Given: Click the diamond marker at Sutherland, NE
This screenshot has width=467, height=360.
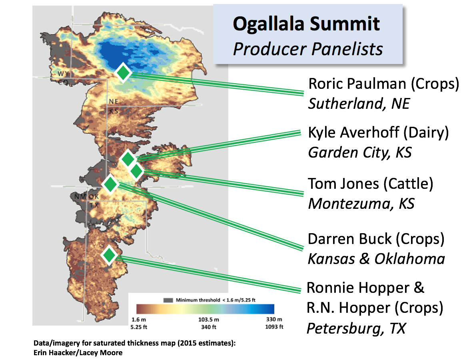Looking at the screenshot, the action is (x=123, y=73).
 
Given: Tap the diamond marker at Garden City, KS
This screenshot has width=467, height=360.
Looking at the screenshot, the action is (x=128, y=159).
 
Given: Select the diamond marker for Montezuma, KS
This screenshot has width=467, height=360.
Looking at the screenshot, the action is (x=136, y=171).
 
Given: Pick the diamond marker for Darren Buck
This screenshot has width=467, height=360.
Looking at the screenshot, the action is (x=110, y=184).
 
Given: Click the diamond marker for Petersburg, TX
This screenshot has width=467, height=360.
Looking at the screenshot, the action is (x=109, y=255).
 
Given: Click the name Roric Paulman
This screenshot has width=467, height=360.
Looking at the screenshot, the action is (x=357, y=84).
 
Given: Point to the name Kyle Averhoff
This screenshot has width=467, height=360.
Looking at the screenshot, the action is (x=353, y=133).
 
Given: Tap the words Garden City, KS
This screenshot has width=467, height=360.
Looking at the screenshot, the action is (x=360, y=152).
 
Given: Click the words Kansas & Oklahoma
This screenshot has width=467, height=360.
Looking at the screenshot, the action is (x=376, y=259).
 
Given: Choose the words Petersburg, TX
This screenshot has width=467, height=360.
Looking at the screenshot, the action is (x=356, y=328).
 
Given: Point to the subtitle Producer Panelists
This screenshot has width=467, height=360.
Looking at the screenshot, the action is (x=308, y=49).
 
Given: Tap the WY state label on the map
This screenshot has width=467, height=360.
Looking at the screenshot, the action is (x=63, y=74).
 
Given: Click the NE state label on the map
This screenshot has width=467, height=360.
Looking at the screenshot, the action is (x=114, y=102).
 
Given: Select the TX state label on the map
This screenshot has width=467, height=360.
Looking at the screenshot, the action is (x=94, y=205).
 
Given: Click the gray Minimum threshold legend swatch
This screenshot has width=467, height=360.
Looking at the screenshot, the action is (x=168, y=300).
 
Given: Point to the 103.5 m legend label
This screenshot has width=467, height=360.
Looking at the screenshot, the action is (x=208, y=320).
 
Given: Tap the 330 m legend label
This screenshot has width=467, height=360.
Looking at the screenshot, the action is (x=274, y=319).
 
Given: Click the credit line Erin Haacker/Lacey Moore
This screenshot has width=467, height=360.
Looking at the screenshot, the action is (x=78, y=352).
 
